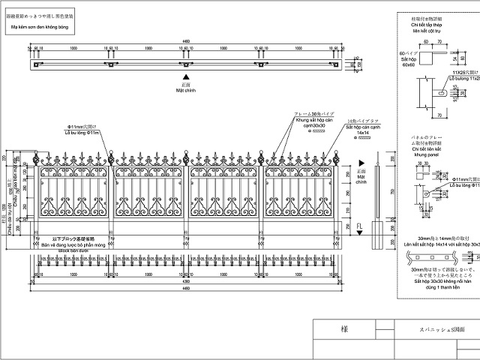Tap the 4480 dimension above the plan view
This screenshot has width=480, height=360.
[186, 42]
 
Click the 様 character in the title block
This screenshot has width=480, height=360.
[343, 328]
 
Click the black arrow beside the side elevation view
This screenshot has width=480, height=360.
[361, 162]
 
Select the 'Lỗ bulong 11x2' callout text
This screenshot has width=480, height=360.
[463, 78]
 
